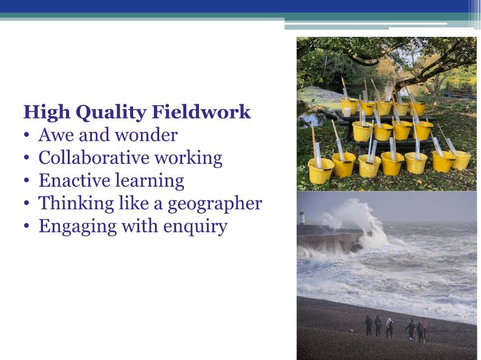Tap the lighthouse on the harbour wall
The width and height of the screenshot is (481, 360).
[301, 216]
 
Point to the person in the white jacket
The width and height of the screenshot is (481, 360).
[389, 327]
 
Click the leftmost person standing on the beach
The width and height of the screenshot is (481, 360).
[368, 325]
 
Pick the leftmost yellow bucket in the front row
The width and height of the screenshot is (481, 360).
[320, 171]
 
